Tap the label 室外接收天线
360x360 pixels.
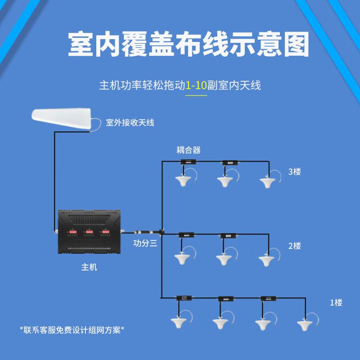130,122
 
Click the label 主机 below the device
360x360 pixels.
89,267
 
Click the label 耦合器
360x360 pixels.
188,150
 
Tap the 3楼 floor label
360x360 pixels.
294,171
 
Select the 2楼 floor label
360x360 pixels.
294,246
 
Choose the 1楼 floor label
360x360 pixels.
336,303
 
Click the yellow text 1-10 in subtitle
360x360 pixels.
197,85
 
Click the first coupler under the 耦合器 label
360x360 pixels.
188,162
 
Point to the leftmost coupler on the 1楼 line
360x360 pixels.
184,298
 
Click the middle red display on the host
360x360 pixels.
88,233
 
